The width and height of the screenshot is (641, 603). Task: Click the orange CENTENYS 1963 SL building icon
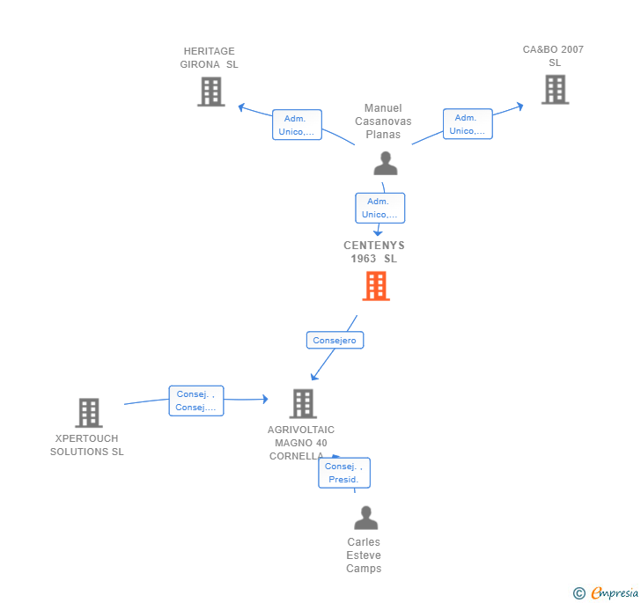coord(376,286)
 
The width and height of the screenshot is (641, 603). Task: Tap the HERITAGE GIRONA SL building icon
coord(211,92)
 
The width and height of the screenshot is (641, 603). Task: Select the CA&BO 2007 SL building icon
coord(555,90)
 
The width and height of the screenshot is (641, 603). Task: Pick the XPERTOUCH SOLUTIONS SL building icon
coord(89,413)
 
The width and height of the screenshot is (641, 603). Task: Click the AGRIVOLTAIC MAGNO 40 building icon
coord(303,404)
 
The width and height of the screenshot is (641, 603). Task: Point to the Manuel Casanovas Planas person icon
coord(386,164)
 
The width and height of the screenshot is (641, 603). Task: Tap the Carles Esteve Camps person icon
coord(366,518)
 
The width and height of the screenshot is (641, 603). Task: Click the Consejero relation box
coord(335,340)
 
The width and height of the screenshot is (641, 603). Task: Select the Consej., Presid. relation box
coord(344,473)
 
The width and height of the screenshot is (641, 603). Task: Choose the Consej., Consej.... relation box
coord(196,401)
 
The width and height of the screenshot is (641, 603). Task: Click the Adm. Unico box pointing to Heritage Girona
coord(298,125)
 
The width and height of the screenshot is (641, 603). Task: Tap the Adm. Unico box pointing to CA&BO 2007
coord(468,124)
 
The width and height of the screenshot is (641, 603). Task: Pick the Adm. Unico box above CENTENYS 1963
coord(380,208)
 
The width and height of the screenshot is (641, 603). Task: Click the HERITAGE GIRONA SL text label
coord(210,57)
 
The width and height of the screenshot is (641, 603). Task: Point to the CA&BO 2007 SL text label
coord(553,56)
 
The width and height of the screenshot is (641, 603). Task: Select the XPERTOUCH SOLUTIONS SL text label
coord(86,445)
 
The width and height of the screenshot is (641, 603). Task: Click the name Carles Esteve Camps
coord(364,555)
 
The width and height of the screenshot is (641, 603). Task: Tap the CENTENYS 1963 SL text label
coord(374,252)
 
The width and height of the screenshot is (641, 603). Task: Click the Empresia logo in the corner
coord(606,592)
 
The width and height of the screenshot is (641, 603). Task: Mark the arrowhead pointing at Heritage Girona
coord(241,107)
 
